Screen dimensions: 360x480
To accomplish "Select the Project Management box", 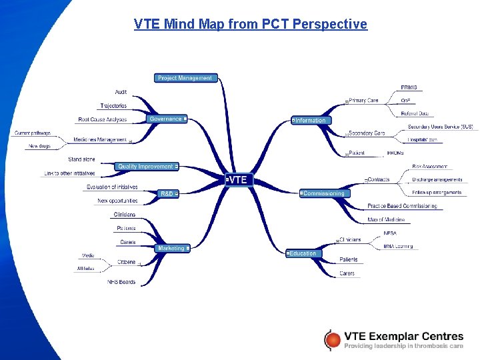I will (185, 78).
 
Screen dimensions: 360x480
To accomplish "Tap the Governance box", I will (166, 119).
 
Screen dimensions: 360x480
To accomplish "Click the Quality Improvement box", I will (146, 166).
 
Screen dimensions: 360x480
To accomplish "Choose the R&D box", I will (167, 193).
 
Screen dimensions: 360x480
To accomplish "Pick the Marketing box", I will (172, 248).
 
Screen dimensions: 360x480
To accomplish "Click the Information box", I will (310, 121).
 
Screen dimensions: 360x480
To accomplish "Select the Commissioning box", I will (323, 193).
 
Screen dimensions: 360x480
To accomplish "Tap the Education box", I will (302, 253).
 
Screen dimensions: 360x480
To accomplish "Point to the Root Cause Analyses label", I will (102, 119).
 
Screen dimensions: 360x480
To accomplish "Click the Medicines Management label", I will (100, 140).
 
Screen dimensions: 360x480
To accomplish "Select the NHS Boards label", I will (121, 282).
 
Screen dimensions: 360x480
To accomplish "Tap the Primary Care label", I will (363, 101).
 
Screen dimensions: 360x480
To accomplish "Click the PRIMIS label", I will (409, 87).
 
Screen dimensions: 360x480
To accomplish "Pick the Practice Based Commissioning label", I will (402, 206).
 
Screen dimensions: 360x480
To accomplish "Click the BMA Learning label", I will (398, 246).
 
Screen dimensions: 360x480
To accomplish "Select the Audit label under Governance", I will (121, 92).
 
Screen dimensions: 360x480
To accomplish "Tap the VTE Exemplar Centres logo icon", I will (331, 339).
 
